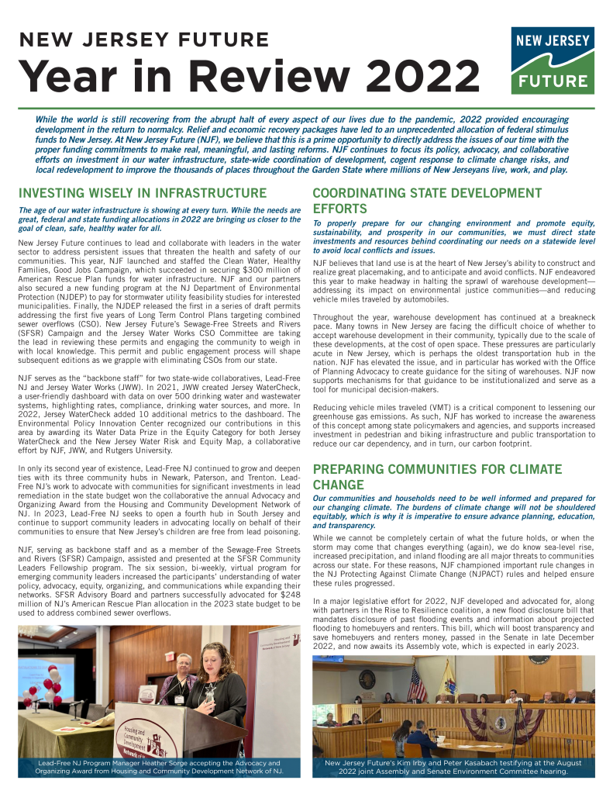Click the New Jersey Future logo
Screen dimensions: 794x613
tap(553, 60)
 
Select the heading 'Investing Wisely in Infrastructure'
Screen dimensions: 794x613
tap(143, 193)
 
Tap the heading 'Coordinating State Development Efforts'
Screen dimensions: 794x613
tap(426, 201)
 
